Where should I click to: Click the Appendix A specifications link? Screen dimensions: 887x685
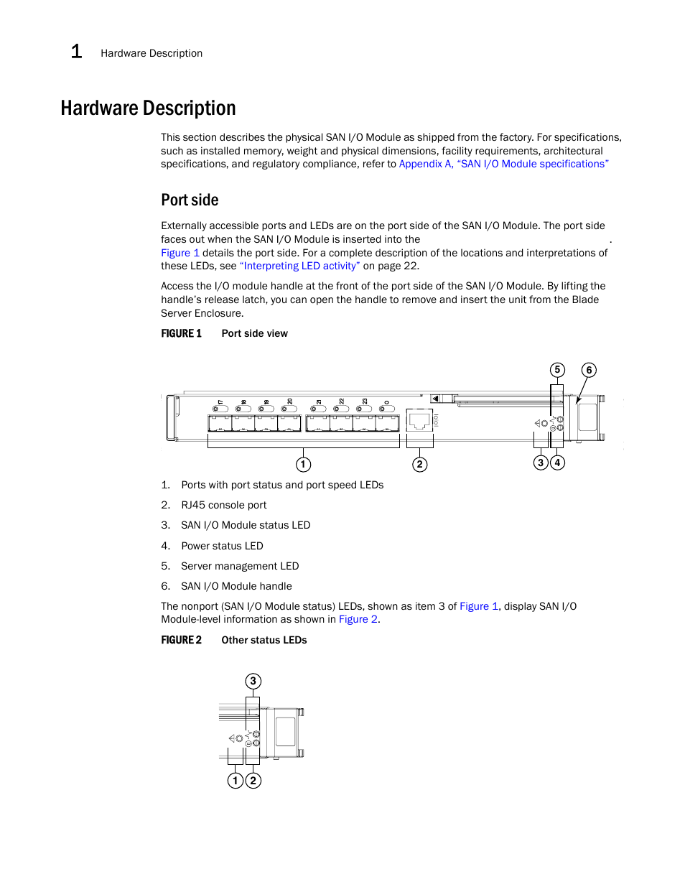[503, 164]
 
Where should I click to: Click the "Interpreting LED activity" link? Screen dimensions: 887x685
[300, 266]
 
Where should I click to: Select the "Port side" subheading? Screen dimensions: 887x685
[190, 200]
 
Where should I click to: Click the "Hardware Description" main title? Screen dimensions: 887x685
[148, 108]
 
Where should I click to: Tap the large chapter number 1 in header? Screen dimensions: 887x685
[77, 52]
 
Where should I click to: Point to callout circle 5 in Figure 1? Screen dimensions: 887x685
[557, 370]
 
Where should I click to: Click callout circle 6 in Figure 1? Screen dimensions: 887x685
[589, 371]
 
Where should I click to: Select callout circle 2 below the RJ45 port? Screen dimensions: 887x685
[420, 465]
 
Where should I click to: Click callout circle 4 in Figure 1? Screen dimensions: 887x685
[557, 463]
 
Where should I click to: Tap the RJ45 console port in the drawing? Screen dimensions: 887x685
[419, 420]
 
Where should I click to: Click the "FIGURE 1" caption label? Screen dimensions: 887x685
[181, 334]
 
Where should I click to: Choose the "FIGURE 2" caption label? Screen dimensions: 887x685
[181, 641]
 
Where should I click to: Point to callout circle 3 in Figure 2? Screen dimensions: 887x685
[253, 681]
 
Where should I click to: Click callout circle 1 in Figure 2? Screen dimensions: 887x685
[235, 781]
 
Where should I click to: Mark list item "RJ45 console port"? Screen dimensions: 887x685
[223, 506]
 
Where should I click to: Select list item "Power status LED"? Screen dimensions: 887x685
[222, 547]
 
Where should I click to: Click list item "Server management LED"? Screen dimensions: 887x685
[240, 567]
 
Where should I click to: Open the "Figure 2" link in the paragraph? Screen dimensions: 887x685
[358, 620]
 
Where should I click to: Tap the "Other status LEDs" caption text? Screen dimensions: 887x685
[264, 641]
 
